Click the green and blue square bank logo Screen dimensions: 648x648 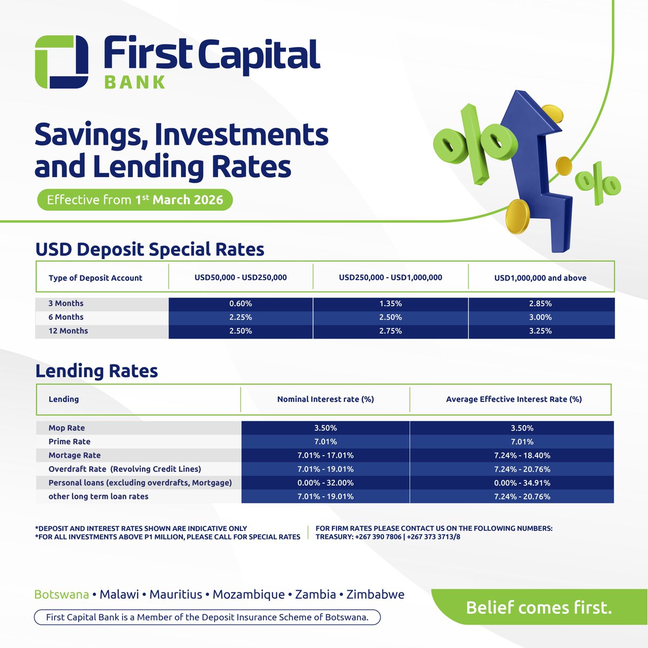(x=61, y=62)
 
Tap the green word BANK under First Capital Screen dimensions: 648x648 (x=135, y=82)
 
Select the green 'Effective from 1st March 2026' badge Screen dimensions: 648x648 (x=134, y=200)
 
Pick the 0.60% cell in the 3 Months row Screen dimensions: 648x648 (x=240, y=303)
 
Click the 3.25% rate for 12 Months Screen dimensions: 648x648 (x=541, y=331)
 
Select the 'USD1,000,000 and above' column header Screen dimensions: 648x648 (x=540, y=278)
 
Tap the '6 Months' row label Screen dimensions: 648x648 (x=66, y=317)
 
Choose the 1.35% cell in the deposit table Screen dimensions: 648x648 (x=390, y=303)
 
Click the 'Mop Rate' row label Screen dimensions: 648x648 (x=66, y=428)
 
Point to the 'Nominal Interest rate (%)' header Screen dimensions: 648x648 (x=325, y=399)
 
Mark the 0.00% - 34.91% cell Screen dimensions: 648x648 (x=522, y=483)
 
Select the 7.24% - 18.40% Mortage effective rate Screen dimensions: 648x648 (x=522, y=455)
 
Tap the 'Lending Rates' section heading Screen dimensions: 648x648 (x=97, y=371)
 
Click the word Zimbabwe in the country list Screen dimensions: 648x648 (x=375, y=595)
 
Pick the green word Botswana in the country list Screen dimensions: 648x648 (x=62, y=595)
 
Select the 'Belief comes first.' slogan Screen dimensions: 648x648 (x=539, y=607)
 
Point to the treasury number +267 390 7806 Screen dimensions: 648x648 (x=379, y=537)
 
